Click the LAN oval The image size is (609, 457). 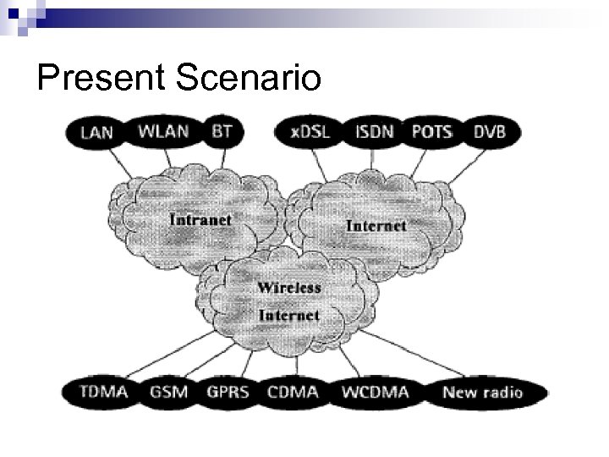96,133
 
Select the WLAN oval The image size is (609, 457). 163,131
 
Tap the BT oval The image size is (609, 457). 222,131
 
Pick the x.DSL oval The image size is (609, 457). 310,132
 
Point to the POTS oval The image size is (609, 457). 431,132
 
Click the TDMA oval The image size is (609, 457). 102,392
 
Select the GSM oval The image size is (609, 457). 169,392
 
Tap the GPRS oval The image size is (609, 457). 228,392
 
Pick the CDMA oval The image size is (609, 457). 292,392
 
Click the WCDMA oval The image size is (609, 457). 375,392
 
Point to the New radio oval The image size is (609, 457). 482,392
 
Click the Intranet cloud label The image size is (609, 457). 200,219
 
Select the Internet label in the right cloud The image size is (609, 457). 376,225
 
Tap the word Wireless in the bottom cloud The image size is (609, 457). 289,288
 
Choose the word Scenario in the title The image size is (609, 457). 250,79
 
